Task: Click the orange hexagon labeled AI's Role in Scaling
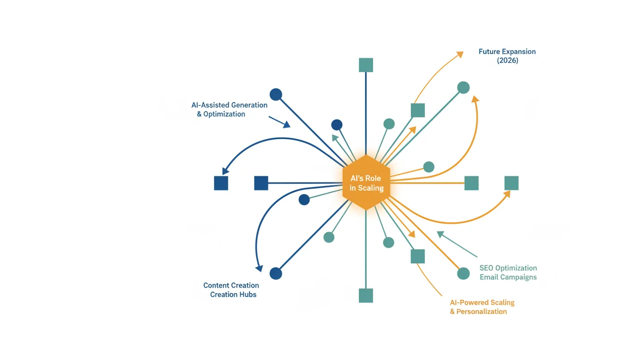(366, 182)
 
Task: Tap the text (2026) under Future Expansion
(507, 60)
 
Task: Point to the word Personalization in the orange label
(481, 312)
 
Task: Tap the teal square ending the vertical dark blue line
(366, 65)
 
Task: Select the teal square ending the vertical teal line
(366, 296)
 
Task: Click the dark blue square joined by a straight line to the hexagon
(261, 183)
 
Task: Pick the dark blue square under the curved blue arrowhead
(221, 183)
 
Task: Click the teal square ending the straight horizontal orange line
(472, 183)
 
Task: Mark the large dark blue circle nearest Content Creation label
(276, 273)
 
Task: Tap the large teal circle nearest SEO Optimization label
(463, 274)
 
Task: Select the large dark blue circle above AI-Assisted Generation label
(276, 95)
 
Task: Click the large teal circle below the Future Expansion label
(463, 88)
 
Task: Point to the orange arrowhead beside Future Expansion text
(460, 54)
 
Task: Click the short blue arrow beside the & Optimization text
(279, 122)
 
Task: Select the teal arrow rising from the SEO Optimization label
(457, 244)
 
